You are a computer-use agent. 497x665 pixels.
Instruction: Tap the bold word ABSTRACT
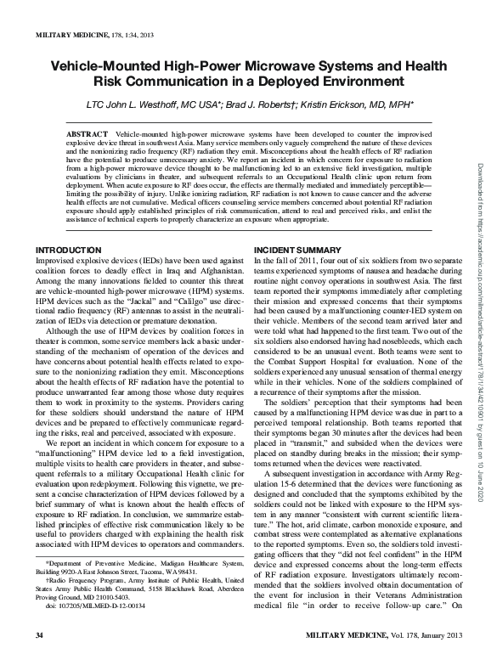tap(88, 135)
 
